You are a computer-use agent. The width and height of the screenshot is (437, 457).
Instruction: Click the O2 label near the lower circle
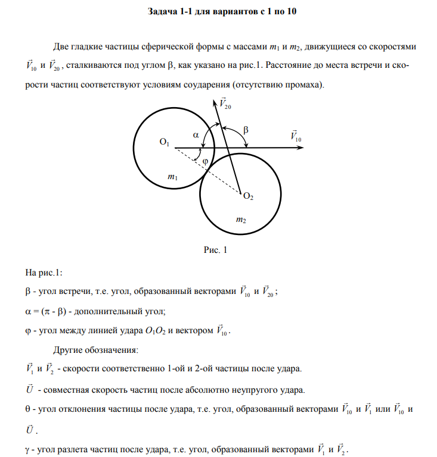tap(249, 196)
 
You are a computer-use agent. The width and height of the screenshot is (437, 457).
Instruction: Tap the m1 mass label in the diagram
tap(172, 176)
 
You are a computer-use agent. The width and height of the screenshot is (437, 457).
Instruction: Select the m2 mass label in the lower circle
tap(241, 220)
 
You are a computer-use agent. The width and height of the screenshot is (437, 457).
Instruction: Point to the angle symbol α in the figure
tap(195, 135)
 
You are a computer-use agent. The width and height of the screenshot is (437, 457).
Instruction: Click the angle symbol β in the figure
tap(246, 129)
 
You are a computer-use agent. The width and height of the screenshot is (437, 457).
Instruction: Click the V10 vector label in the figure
tap(296, 136)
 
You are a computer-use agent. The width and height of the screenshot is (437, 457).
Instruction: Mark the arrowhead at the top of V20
tap(215, 102)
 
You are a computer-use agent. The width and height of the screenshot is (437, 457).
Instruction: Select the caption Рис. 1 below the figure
tap(216, 251)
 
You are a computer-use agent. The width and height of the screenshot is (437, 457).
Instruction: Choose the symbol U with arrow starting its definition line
tap(29, 390)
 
